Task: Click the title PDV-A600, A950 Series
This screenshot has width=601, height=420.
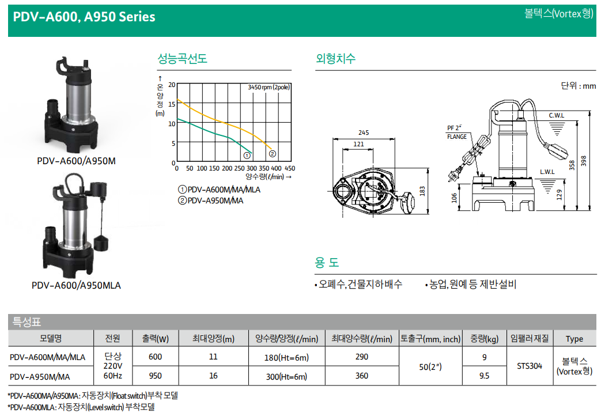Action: (84, 17)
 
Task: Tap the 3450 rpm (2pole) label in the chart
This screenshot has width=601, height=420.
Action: (269, 88)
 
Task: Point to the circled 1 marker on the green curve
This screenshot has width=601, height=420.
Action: (247, 155)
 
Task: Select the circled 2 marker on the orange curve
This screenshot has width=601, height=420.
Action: (272, 154)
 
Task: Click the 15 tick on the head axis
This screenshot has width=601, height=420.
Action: (172, 104)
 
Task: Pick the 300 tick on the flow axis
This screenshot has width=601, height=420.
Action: (252, 168)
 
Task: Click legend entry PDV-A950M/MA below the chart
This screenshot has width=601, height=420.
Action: (211, 200)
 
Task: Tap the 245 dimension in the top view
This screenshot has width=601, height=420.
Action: (364, 133)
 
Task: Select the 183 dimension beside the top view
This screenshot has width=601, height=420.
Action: (422, 191)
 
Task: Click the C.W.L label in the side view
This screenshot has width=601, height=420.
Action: (557, 115)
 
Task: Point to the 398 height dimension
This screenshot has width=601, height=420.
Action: (583, 161)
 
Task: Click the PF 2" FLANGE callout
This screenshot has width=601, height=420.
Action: (457, 132)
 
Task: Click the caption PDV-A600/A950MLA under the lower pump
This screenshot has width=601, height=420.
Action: (76, 286)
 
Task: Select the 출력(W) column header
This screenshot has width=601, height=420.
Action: (155, 339)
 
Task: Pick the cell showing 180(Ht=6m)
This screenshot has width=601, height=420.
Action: (286, 358)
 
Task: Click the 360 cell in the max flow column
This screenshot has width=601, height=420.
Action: (362, 376)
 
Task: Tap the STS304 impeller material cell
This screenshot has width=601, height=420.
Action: (530, 366)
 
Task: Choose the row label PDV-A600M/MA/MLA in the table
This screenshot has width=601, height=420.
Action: (47, 357)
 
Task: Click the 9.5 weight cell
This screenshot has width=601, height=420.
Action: (485, 376)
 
